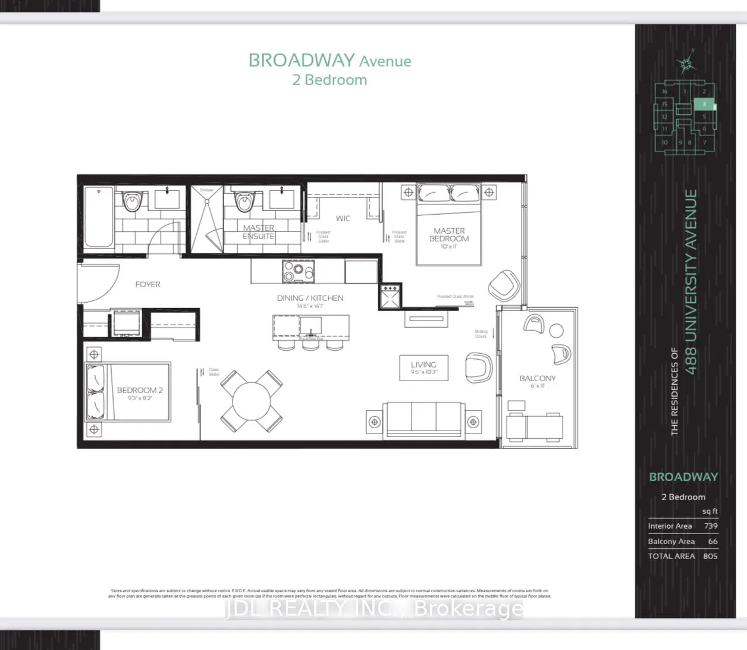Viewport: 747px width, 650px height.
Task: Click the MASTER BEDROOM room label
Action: tap(449, 235)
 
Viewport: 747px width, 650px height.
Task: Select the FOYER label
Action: tap(147, 285)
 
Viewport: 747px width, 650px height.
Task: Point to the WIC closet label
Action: tap(343, 218)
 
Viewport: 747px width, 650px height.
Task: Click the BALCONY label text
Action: tap(538, 378)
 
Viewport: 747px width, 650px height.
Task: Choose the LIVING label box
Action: tap(423, 368)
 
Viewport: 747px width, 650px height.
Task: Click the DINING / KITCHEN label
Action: tap(310, 298)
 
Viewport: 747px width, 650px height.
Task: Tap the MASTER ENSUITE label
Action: tap(259, 232)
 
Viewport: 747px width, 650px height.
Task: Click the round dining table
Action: tap(252, 400)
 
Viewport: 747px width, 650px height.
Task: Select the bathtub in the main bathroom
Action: tap(99, 218)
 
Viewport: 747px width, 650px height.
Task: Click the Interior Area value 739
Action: tap(710, 526)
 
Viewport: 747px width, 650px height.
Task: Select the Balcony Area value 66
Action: tap(713, 541)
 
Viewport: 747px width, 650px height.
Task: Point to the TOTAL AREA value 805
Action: tap(710, 556)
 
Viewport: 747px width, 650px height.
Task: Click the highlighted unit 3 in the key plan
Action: tap(704, 105)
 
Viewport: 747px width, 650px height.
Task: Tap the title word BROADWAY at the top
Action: tap(301, 61)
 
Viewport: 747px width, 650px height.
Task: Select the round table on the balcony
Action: tap(557, 331)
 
